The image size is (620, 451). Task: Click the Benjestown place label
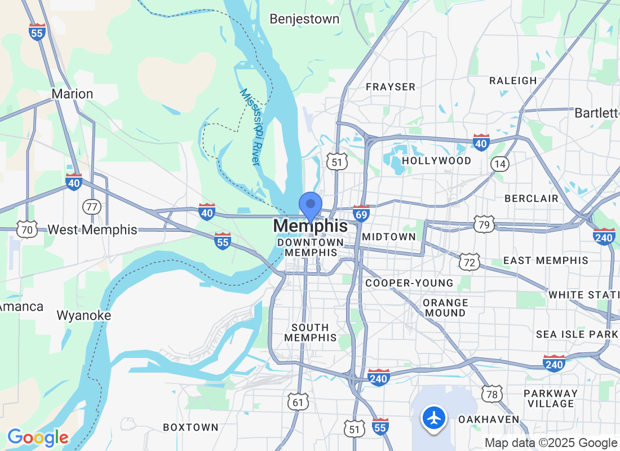pos(304,19)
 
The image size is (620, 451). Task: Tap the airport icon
pos(434,418)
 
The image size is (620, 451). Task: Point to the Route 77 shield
pos(91,206)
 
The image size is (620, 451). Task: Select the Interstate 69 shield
pos(361,213)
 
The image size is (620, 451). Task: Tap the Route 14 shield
pos(499,163)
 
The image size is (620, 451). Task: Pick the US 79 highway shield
pos(484,224)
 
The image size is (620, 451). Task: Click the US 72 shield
pos(469,262)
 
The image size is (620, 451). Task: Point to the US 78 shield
pos(493,393)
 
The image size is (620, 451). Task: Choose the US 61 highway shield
pos(298,401)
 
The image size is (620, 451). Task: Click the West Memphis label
pos(92,230)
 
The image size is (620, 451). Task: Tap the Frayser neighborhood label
pos(391,87)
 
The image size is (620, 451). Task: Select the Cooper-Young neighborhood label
pos(409,283)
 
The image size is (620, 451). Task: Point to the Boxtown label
pos(191,427)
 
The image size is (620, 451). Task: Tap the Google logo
pos(38,437)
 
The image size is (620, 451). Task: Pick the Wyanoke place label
pos(84,316)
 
